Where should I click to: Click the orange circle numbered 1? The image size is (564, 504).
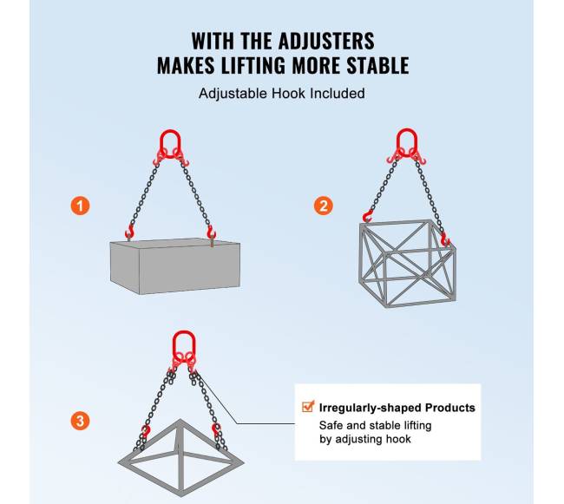[80, 206]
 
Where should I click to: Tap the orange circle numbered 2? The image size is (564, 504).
[324, 206]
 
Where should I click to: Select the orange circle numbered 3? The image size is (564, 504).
[80, 420]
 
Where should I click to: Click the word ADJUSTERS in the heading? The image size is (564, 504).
[326, 41]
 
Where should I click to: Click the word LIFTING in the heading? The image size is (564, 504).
[253, 65]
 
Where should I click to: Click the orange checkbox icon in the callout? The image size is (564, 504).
[308, 406]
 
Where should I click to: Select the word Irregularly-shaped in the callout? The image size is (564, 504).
[371, 408]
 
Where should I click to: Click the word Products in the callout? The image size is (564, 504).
[450, 408]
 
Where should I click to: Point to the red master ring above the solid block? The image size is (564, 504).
[170, 143]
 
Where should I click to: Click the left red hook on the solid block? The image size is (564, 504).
[129, 231]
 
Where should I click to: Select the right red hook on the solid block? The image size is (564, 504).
[211, 232]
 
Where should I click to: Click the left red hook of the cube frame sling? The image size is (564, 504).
[368, 216]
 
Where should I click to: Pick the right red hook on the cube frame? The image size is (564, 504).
[445, 239]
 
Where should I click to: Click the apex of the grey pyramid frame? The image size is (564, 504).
[180, 420]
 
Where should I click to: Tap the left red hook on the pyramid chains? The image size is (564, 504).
[146, 430]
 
